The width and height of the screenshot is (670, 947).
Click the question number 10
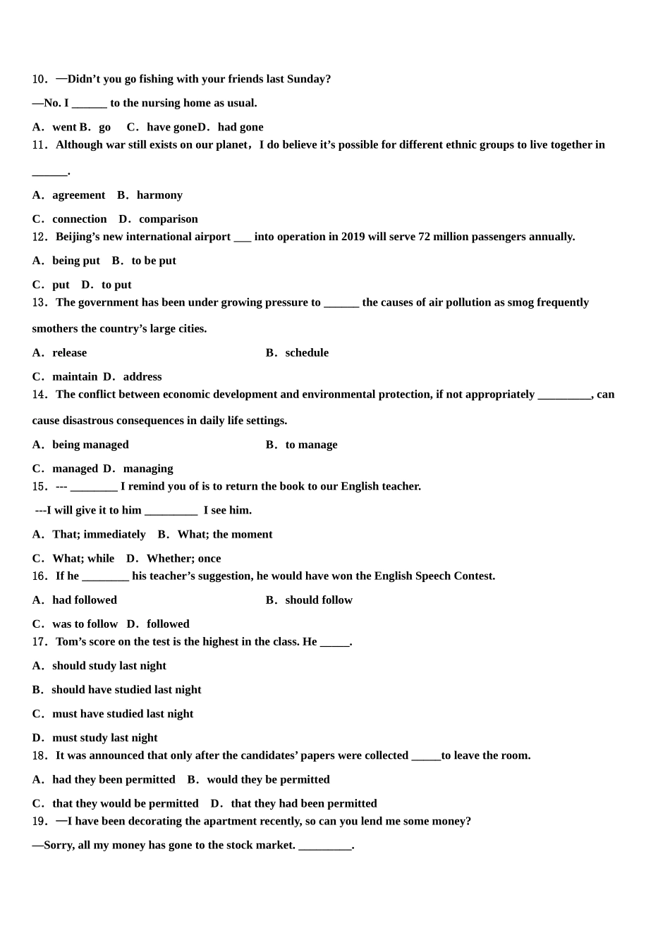39,80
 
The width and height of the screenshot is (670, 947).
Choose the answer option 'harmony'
159,195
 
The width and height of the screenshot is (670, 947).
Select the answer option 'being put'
75,261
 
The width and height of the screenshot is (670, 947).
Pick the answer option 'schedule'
307,353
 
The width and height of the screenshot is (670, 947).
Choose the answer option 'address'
142,377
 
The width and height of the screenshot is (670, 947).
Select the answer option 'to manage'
311,445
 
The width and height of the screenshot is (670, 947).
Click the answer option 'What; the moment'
224,535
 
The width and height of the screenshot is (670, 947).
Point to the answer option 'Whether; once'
183,559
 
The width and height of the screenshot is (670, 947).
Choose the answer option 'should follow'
319,600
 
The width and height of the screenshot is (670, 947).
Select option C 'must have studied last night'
122,714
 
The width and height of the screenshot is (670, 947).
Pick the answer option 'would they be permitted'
268,780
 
